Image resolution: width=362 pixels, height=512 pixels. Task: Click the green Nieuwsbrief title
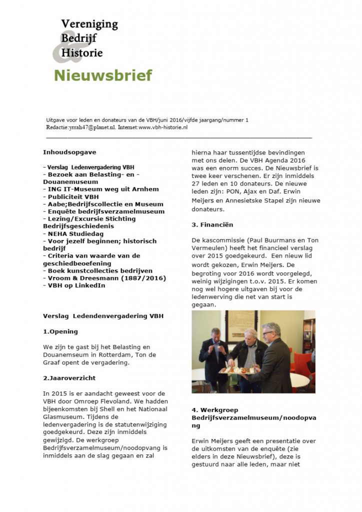pos(102,75)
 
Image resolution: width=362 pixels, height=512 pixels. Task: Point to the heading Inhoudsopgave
pos(69,152)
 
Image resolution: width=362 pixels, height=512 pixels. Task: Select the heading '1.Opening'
pos(60,331)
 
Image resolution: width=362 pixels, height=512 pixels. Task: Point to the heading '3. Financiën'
pos(212,225)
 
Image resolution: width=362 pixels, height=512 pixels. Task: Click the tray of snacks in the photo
pos(237,370)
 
